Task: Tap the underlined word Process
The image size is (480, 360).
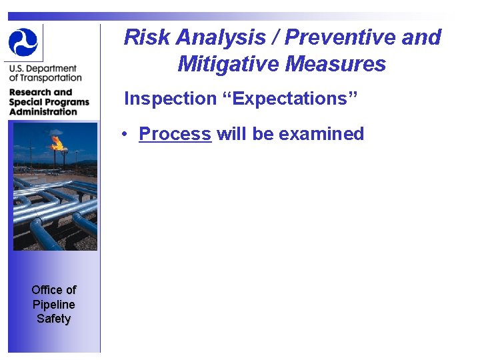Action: pyautogui.click(x=175, y=134)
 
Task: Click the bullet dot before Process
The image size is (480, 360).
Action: pyautogui.click(x=125, y=135)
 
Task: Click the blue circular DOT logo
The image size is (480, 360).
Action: pyautogui.click(x=23, y=42)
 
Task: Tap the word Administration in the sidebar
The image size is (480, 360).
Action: pyautogui.click(x=43, y=111)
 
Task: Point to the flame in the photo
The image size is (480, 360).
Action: pyautogui.click(x=57, y=141)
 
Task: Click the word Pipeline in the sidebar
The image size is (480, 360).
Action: pyautogui.click(x=54, y=304)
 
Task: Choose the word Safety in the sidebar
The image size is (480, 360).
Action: pyautogui.click(x=54, y=319)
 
